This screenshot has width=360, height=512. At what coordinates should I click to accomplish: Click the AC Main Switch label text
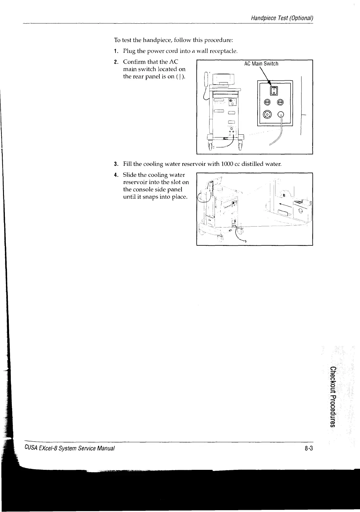[x=261, y=64]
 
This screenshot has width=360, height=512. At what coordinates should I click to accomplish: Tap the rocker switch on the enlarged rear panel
[x=274, y=90]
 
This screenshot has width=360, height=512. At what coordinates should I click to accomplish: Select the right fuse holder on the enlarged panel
[x=281, y=102]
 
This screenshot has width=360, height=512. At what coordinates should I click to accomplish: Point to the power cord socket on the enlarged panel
[x=281, y=114]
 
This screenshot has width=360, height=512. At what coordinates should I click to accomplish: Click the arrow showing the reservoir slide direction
[x=285, y=204]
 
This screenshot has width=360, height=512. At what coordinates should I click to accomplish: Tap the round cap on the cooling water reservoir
[x=300, y=211]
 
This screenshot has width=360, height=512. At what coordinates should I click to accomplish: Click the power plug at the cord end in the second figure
[x=245, y=241]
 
